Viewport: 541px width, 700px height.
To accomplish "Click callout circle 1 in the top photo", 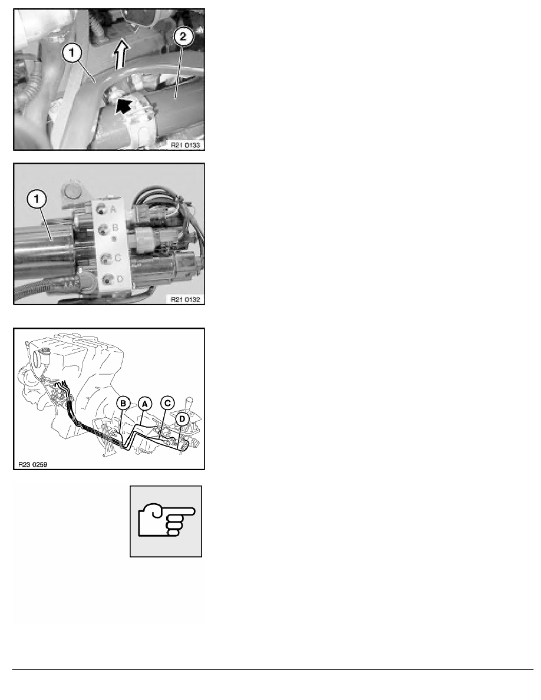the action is (x=71, y=52).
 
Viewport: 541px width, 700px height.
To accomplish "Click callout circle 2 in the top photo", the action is (x=183, y=37).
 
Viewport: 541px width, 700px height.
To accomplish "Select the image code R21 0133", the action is (x=185, y=145).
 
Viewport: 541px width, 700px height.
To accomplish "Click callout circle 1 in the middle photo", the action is (x=37, y=200).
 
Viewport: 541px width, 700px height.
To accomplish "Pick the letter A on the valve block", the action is (x=113, y=209).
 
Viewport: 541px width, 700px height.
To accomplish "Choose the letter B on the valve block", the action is (x=115, y=227).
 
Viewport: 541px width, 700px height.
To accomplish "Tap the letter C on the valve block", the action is (x=117, y=257).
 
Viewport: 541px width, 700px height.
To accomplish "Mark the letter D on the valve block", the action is (x=119, y=279).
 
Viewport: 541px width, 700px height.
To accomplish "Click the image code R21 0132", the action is (x=185, y=299).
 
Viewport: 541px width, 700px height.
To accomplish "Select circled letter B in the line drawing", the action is (x=123, y=404).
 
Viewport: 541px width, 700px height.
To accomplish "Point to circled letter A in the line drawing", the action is (x=144, y=404).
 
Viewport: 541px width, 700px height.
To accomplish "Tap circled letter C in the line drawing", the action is (x=167, y=403).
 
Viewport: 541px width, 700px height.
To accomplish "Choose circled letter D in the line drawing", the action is (x=182, y=419).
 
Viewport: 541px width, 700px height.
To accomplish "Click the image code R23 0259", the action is (x=32, y=464).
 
